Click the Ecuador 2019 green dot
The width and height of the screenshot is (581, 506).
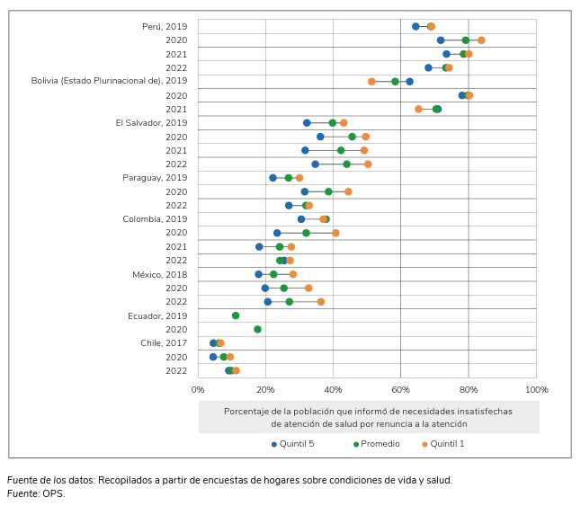[236, 315]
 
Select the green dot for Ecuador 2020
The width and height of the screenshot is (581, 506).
[257, 329]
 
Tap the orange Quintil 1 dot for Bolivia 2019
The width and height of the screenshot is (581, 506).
[371, 81]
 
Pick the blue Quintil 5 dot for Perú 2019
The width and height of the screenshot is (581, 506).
[416, 26]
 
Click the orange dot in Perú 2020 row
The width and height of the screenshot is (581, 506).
[481, 40]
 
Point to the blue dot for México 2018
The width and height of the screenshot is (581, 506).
[258, 274]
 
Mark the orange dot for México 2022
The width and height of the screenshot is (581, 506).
[320, 302]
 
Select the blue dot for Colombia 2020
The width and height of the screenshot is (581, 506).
[277, 233]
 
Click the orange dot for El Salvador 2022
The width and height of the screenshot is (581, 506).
[368, 164]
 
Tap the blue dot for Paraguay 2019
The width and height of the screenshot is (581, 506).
[273, 178]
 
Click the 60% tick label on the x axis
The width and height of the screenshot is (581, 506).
[400, 389]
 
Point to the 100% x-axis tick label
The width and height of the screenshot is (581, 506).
[536, 389]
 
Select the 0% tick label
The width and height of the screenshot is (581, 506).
[198, 389]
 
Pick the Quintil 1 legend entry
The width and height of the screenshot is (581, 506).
[447, 444]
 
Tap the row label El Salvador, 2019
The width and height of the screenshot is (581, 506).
[151, 122]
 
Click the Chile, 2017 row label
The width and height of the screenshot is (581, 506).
[165, 342]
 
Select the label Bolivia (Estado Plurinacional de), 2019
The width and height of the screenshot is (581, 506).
[109, 81]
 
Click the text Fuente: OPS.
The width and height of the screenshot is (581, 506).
[36, 493]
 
